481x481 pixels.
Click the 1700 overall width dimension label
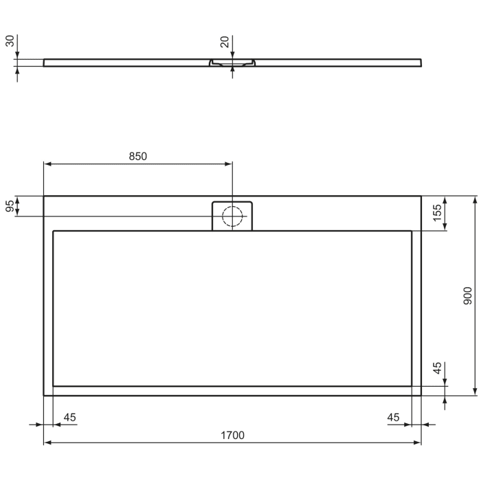(232, 435)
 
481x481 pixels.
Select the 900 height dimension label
(467, 295)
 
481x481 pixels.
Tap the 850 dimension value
(138, 156)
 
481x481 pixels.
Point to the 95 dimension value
(10, 206)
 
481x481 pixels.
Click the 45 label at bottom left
(69, 417)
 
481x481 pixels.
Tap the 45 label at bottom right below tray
(394, 417)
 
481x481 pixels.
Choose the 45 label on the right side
(437, 368)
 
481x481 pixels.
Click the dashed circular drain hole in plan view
(232, 216)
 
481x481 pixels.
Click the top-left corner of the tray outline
(44, 197)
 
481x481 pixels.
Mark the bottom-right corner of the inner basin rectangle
(412, 386)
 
